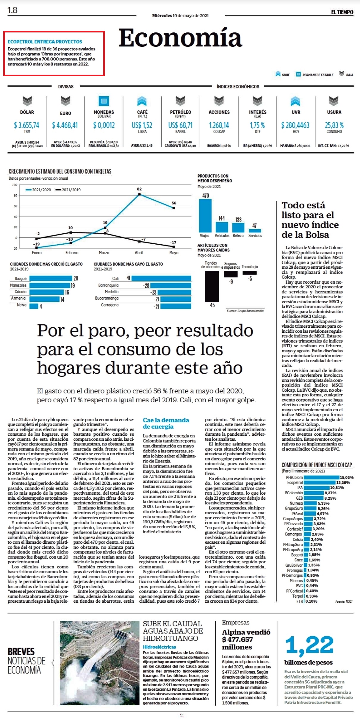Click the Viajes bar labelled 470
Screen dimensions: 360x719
(x=205, y=216)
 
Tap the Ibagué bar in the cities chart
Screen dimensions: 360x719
(x=51, y=278)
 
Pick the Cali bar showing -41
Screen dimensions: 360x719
(x=161, y=278)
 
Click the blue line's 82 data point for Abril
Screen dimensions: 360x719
(x=139, y=194)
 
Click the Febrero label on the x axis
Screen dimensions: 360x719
(x=72, y=253)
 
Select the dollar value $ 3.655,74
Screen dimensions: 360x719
(x=27, y=125)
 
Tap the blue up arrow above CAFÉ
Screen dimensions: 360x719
(x=142, y=101)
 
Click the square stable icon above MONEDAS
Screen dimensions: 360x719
(x=104, y=101)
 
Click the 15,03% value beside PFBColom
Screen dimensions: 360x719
(x=347, y=477)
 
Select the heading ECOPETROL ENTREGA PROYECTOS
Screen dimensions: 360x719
(x=45, y=42)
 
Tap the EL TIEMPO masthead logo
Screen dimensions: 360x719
(x=342, y=12)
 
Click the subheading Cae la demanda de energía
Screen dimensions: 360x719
(x=166, y=423)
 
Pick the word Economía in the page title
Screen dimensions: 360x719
(x=180, y=38)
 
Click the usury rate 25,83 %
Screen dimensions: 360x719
(x=334, y=125)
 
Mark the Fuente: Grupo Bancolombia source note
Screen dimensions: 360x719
(x=245, y=311)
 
